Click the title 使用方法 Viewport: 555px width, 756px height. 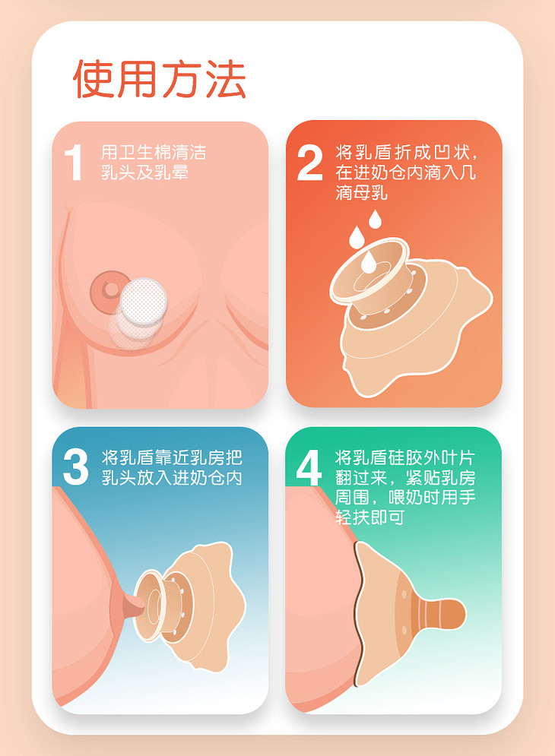[x=160, y=79]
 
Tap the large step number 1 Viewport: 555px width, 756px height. [x=74, y=163]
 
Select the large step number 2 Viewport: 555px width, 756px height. [x=309, y=163]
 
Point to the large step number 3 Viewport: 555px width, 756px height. [x=76, y=467]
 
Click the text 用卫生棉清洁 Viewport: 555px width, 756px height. [x=154, y=153]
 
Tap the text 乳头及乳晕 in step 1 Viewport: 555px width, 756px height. [x=144, y=172]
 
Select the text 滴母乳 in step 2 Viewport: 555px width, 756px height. [x=361, y=193]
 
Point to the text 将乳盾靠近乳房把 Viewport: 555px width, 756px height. [x=172, y=457]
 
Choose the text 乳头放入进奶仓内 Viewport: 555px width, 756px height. [x=172, y=477]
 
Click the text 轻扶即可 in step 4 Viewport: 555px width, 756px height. [x=369, y=517]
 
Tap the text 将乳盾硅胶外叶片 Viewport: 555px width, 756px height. [x=405, y=457]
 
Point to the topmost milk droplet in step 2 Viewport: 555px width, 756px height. [x=375, y=219]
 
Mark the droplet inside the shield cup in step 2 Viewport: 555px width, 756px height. [x=369, y=261]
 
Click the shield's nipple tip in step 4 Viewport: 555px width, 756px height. [x=452, y=614]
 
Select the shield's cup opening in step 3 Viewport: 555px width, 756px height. [x=147, y=605]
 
